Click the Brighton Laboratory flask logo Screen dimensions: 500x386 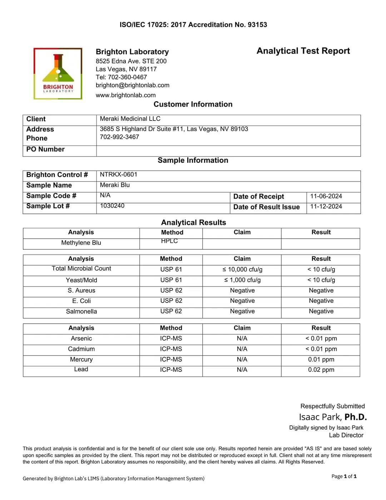click(x=58, y=73)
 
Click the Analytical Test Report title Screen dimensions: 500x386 click(x=303, y=51)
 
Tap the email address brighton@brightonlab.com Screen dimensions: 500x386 click(x=132, y=85)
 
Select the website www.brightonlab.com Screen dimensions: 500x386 click(x=125, y=95)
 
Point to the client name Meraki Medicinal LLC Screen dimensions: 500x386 click(x=130, y=119)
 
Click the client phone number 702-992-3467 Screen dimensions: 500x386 click(x=119, y=137)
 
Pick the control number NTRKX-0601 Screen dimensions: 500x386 click(x=118, y=175)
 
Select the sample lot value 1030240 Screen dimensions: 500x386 click(x=112, y=206)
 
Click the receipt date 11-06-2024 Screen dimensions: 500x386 click(x=326, y=196)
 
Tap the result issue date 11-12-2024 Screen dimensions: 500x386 click(x=326, y=206)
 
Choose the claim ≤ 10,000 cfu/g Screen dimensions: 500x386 click(x=242, y=269)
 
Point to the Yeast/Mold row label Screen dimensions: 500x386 click(x=81, y=280)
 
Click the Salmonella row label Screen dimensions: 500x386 click(x=81, y=311)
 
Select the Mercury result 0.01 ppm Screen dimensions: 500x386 click(x=321, y=359)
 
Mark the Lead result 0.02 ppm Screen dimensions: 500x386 click(x=321, y=370)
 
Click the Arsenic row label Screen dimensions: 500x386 click(x=81, y=338)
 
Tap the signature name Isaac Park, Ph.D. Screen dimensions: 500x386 click(x=333, y=417)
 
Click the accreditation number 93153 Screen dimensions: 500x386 click(x=257, y=25)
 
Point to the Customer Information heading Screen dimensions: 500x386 click(x=193, y=104)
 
